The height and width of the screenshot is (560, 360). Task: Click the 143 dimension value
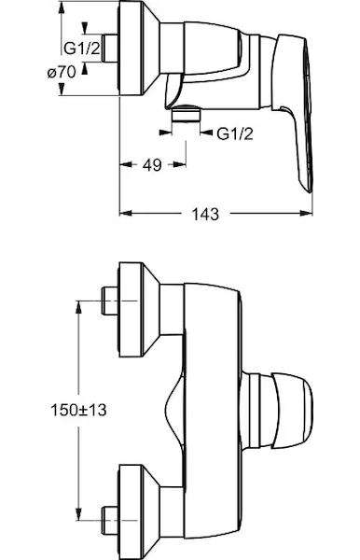coord(205,214)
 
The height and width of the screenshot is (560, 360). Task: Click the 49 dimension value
coord(152,164)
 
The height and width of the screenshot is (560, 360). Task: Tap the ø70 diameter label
coord(62,73)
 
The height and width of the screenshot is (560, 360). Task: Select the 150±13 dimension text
coord(78,410)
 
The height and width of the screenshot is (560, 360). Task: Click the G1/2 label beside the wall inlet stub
coord(82,48)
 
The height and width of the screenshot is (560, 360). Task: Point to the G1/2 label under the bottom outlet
coord(235,133)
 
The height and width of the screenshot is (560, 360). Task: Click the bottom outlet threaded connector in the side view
coord(186,114)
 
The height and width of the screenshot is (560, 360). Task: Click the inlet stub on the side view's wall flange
coord(110,48)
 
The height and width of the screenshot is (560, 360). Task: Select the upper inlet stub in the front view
coord(110,301)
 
